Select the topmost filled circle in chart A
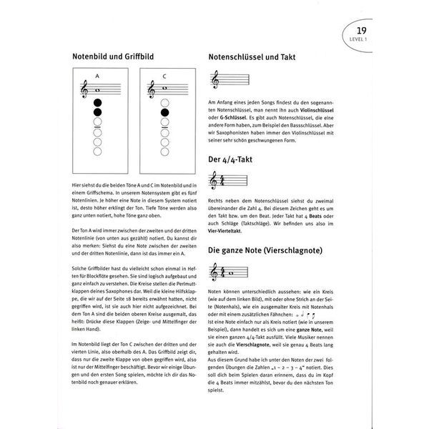97,102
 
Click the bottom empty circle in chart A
97,152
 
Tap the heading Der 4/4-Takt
232,160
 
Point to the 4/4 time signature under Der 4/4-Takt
222,184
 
